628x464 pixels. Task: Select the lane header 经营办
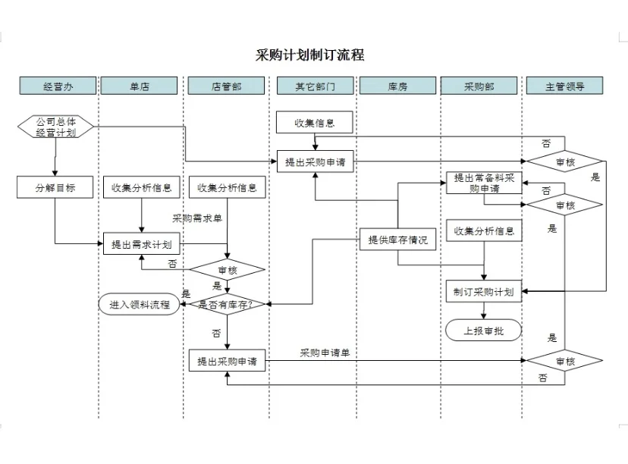point(58,86)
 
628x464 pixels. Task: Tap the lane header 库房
point(397,86)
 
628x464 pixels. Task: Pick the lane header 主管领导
point(564,86)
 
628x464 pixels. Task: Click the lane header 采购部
point(479,86)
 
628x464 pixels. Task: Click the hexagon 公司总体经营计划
point(55,127)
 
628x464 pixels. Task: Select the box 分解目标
point(55,187)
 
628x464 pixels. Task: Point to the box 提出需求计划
point(142,244)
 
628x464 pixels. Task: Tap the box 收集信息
point(315,122)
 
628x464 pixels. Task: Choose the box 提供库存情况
point(397,240)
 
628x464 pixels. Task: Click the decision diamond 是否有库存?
point(226,305)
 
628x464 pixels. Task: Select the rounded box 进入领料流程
point(140,305)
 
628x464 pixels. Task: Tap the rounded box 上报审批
point(483,331)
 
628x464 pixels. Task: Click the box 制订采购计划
point(483,291)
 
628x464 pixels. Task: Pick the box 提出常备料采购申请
point(483,183)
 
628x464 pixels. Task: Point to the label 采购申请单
point(325,353)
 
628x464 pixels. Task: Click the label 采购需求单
point(197,218)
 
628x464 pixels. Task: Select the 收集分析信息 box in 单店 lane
point(142,187)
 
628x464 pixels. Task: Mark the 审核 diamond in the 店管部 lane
point(227,269)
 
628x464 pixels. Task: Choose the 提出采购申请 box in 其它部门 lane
point(315,161)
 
